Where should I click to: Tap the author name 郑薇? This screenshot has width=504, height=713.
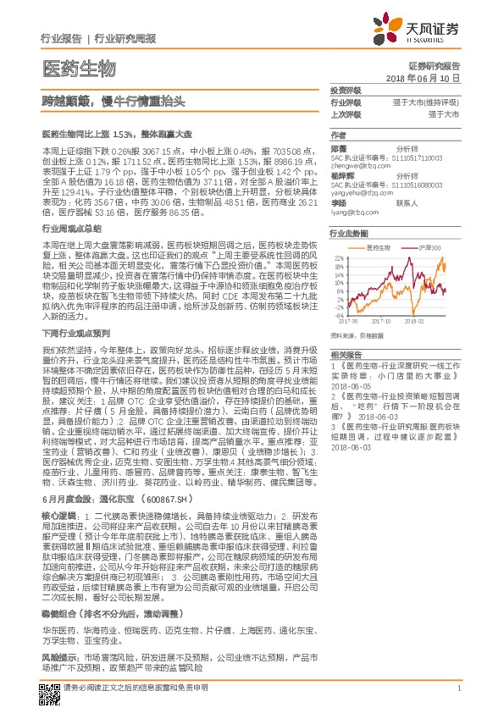click(340, 146)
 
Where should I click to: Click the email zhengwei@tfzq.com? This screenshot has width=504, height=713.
click(357, 166)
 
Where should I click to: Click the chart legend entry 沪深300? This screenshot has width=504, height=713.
click(431, 247)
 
